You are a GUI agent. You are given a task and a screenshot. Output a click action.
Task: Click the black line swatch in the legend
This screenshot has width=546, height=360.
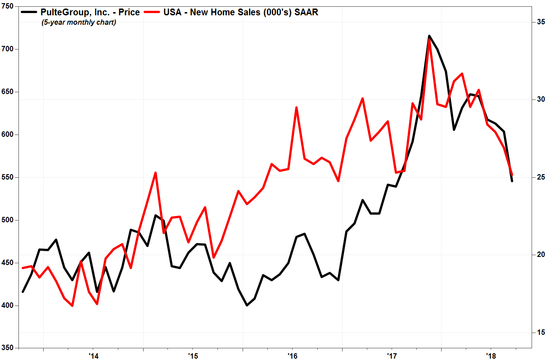30,13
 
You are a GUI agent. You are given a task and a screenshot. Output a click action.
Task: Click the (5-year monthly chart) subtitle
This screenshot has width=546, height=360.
79,22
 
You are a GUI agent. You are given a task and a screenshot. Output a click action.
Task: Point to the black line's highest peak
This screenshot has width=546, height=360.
429,36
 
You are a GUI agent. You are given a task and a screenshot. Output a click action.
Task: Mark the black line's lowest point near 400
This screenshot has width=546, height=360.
247,305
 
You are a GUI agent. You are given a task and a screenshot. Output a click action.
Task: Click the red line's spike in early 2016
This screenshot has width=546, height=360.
296,108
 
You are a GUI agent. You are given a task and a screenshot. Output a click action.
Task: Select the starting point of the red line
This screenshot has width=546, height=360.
23,268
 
